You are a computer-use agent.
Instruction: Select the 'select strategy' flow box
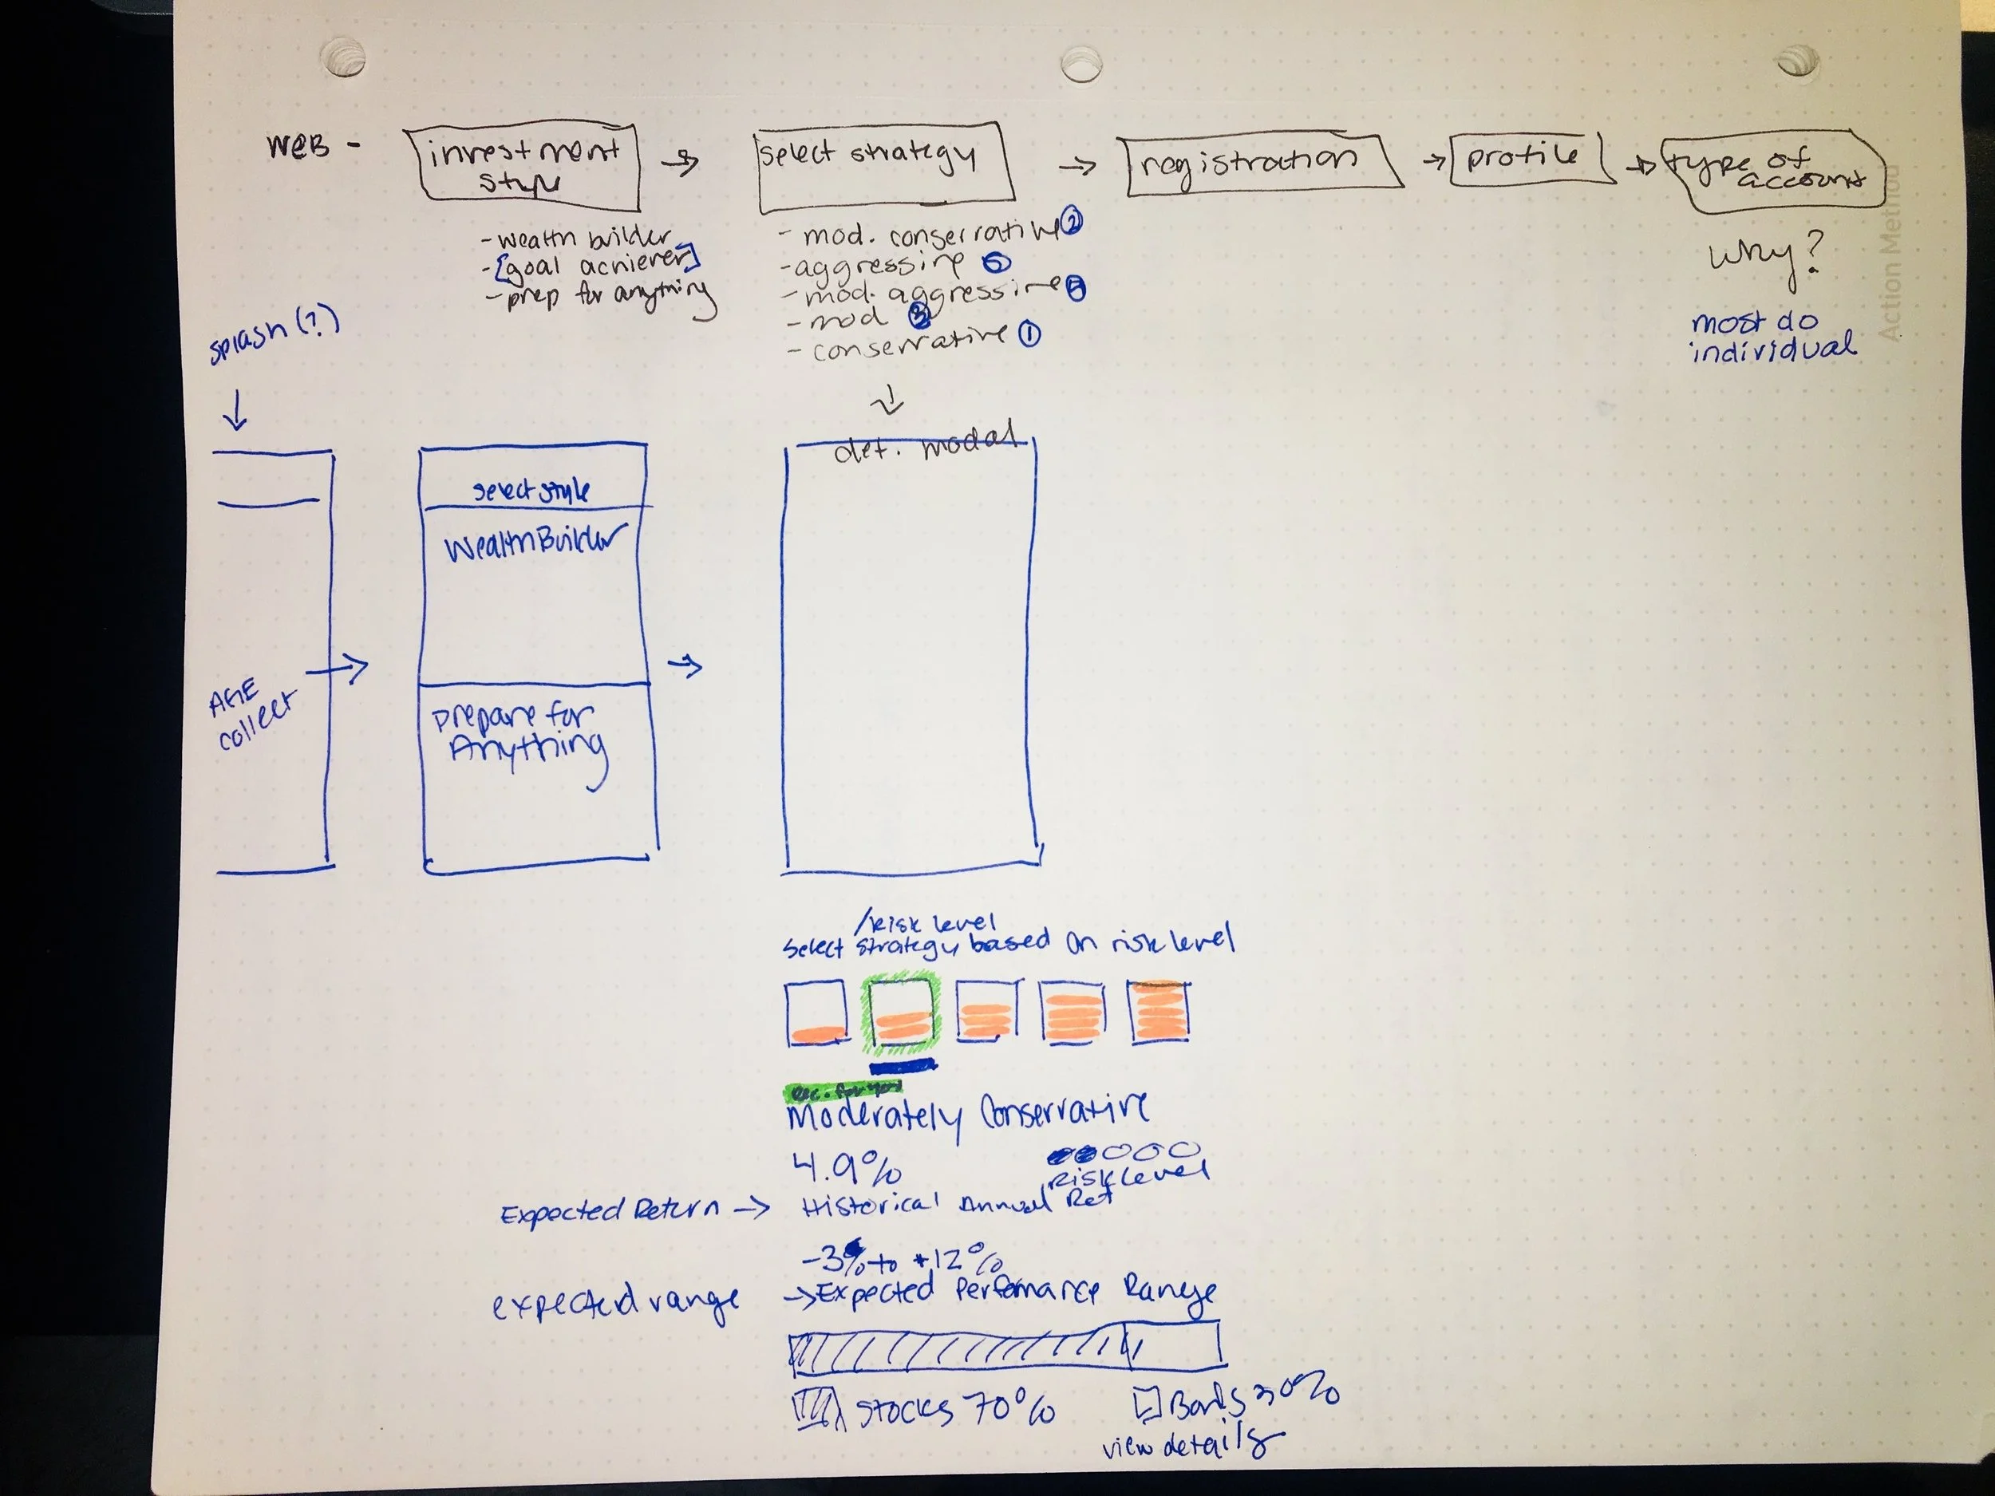(x=882, y=165)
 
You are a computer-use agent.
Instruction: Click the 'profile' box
(x=1525, y=159)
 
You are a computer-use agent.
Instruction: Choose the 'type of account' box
(x=1772, y=172)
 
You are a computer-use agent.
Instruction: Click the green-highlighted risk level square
(x=901, y=1014)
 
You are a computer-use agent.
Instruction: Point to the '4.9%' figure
(x=846, y=1169)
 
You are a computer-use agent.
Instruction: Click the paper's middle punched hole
(x=1080, y=64)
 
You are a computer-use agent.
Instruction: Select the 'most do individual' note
(x=1769, y=335)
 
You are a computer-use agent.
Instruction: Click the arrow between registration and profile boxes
(x=1432, y=161)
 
